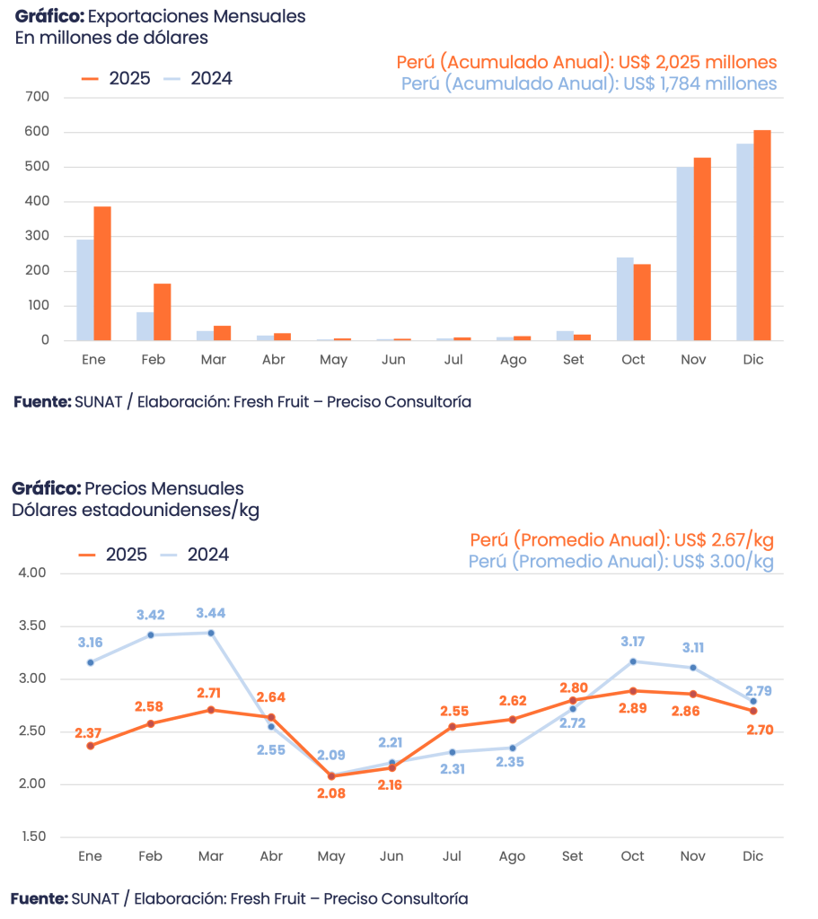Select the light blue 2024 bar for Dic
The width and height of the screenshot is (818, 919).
click(745, 241)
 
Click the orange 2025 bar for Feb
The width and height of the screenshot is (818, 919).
click(163, 311)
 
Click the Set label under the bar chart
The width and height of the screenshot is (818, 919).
click(573, 359)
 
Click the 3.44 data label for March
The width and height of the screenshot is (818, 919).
click(211, 614)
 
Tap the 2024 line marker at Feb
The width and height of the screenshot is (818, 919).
click(151, 635)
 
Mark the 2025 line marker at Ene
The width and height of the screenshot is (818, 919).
click(91, 746)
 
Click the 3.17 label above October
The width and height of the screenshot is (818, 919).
click(633, 642)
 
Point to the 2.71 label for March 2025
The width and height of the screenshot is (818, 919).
click(211, 693)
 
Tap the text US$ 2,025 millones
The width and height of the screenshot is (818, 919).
click(698, 63)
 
